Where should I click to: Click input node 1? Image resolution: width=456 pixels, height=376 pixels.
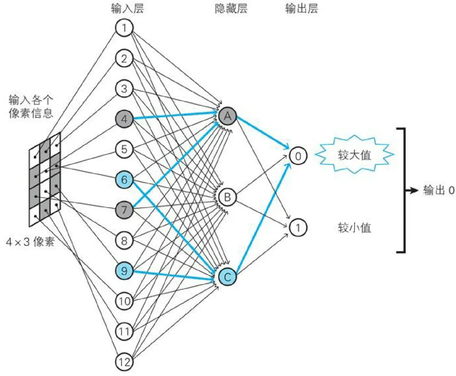[x=124, y=28]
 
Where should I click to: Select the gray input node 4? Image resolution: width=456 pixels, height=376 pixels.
[x=124, y=119]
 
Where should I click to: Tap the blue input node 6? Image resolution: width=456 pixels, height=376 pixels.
[x=124, y=180]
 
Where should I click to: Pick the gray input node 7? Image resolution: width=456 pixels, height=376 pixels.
[x=124, y=210]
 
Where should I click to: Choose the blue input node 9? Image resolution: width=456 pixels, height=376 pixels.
[x=124, y=271]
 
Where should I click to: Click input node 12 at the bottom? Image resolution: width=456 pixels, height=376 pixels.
[x=124, y=362]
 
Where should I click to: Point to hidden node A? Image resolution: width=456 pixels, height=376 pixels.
[x=227, y=116]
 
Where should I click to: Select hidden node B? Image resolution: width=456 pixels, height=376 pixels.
[x=227, y=197]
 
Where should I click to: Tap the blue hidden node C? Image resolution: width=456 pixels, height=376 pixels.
[x=227, y=277]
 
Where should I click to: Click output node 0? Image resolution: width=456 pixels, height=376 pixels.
[x=298, y=156]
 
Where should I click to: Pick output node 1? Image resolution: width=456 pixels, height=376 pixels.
[x=298, y=228]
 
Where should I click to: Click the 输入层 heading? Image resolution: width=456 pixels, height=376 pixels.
[x=127, y=8]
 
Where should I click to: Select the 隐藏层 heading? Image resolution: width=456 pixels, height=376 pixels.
[x=231, y=8]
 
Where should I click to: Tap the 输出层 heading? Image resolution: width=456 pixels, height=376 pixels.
[x=302, y=8]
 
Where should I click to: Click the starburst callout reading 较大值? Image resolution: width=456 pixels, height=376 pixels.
[x=354, y=155]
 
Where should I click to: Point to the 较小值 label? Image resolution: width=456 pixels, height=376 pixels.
[x=354, y=228]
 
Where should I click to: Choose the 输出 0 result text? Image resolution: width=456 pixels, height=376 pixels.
[x=439, y=190]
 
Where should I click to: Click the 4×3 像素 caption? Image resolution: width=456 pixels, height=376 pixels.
[x=30, y=242]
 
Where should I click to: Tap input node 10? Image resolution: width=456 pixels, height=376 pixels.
[x=124, y=301]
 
